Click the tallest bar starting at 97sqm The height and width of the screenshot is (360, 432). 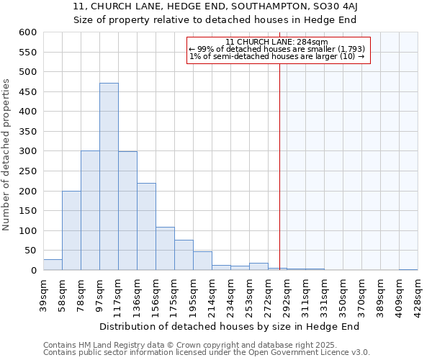coord(109,176)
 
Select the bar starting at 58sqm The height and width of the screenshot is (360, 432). coord(71,230)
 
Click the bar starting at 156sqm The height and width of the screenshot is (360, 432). coord(165,249)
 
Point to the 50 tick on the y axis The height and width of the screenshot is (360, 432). coord(30,251)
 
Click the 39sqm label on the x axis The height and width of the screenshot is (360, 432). coord(44,292)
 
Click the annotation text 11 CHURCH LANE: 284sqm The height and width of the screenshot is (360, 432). coord(277,42)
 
